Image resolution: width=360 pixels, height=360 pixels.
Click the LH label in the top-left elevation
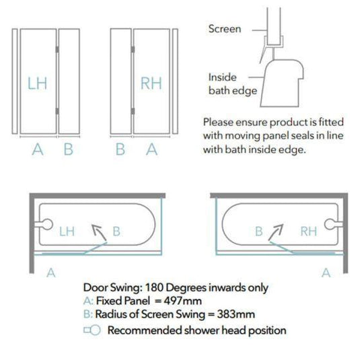pos(37,83)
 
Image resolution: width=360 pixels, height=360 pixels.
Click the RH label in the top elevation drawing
pos(151,83)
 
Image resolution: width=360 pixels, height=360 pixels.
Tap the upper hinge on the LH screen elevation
pos(57,49)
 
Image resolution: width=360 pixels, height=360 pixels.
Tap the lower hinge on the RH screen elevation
pos(133,111)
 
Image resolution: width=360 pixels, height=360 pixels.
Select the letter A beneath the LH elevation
pos(38,149)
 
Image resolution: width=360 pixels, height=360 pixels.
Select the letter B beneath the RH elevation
pos(120,149)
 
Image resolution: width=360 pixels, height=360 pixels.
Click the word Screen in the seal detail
pos(225,29)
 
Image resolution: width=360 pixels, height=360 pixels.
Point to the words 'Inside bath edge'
pos(233,84)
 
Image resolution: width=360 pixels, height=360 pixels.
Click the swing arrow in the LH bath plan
pos(99,232)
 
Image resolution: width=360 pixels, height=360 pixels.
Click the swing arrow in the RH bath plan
pos(276,232)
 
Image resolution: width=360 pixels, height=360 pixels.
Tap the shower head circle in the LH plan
pos(47,224)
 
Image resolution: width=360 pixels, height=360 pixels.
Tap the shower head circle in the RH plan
pos(330,224)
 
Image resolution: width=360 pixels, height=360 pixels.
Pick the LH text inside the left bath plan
pos(67,231)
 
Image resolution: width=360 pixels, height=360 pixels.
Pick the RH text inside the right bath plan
pos(309,231)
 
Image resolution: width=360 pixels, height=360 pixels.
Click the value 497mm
pos(183,301)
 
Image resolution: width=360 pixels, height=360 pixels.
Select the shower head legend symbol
pos(92,330)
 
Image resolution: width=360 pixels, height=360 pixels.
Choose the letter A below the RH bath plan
pos(326,273)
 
